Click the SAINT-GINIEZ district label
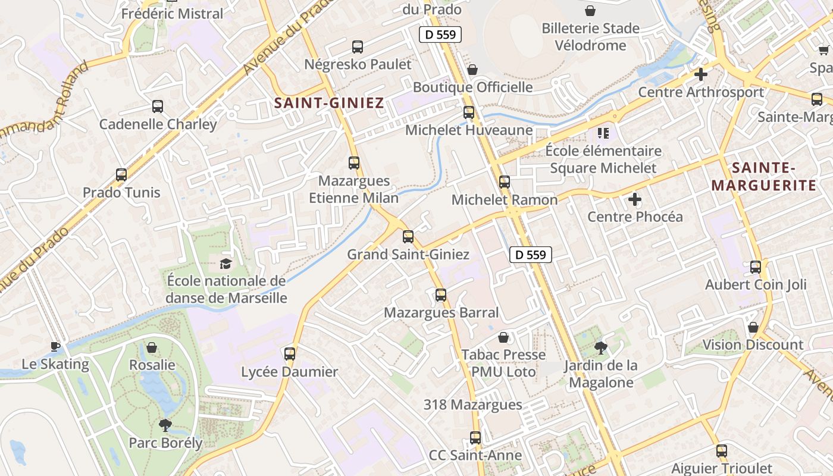click(329, 103)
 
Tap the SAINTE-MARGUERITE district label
click(764, 177)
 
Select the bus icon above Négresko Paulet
click(358, 47)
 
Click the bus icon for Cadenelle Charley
click(158, 107)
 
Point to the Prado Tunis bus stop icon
click(121, 175)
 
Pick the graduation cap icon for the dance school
click(226, 264)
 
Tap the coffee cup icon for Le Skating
click(55, 346)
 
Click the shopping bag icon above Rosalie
click(152, 347)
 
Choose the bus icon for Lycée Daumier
click(290, 354)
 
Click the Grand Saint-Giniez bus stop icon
click(408, 237)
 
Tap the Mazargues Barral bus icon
click(441, 295)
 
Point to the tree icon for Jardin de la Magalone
click(601, 347)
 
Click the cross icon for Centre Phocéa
click(635, 199)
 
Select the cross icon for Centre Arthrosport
click(701, 74)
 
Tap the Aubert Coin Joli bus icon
click(756, 267)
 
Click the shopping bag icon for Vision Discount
click(753, 327)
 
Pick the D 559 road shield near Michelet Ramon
click(531, 255)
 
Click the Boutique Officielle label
click(473, 87)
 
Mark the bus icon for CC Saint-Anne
click(475, 438)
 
